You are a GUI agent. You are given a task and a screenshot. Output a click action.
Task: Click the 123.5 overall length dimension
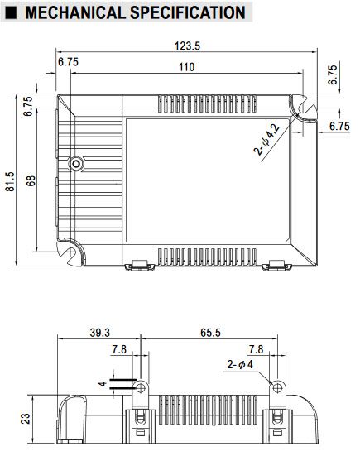point(187,46)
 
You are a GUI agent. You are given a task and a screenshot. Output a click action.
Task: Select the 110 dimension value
point(186,67)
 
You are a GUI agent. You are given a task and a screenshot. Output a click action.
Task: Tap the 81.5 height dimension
point(10,181)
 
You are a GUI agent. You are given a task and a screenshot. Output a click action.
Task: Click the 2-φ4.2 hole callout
point(266,140)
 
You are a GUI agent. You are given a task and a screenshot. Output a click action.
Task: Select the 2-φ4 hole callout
point(240,364)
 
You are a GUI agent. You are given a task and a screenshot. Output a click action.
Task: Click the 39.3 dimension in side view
point(100,333)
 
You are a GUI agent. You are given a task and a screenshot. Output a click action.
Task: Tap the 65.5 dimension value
point(210,333)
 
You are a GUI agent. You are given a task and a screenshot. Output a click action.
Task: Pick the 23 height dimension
point(26,419)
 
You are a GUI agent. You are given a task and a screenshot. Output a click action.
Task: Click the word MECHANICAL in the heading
point(75,12)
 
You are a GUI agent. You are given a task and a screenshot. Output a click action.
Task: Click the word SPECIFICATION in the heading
point(188,12)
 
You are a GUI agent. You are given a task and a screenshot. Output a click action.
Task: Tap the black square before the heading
point(11,12)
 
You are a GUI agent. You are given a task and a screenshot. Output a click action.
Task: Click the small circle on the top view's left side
point(76,164)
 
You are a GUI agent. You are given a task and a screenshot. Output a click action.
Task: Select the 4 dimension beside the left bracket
point(103,384)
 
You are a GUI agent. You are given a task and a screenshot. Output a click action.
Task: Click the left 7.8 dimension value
point(119,349)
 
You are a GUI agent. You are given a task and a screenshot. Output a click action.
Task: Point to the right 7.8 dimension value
point(256,349)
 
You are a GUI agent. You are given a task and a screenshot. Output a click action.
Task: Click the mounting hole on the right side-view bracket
point(277,387)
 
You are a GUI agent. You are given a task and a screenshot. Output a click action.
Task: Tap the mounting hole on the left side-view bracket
point(141,387)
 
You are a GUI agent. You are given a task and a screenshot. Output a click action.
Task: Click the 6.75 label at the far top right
point(333,74)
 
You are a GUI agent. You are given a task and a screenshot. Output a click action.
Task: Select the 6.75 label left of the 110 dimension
point(69,61)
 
